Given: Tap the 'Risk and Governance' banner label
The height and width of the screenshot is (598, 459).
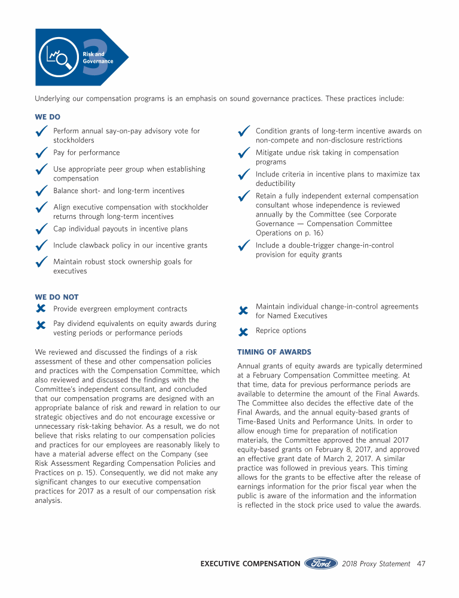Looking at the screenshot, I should pos(97,58).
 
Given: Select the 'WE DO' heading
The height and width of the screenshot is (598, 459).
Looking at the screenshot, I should pos(48,117).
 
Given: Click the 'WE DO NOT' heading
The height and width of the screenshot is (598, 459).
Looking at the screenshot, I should pos(57,297).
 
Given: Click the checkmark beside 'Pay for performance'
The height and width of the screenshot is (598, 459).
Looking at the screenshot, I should pos(42,154).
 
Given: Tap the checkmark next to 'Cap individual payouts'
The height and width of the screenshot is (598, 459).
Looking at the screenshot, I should pos(42,230).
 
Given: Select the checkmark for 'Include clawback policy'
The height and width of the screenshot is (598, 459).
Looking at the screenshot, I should pos(42,246).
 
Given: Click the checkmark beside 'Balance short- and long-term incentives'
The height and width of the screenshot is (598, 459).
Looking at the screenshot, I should pos(42,191).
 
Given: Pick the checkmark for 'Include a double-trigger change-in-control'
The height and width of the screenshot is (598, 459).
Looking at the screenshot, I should pos(244,246).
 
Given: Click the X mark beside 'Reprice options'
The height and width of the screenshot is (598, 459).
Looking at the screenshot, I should pos(243,331).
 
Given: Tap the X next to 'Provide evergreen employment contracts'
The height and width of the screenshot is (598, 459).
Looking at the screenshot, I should pos(41,309).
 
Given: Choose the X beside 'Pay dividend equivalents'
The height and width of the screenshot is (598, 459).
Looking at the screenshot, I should pos(41,325).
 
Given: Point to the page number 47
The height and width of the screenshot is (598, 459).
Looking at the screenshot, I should pos(421,563).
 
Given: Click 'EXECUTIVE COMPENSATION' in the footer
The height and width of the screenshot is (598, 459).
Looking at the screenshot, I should pos(250,563).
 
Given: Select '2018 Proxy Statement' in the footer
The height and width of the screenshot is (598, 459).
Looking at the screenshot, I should pos(376,563).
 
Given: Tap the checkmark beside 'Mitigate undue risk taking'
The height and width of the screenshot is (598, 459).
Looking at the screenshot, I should pos(244,154).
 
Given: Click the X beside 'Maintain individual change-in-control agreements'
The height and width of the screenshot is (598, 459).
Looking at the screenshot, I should pos(243,311).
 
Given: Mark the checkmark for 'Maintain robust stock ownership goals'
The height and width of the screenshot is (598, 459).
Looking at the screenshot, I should pos(42,263).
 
